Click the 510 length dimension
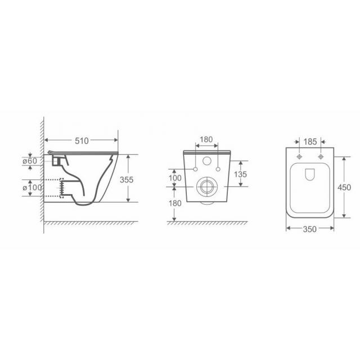pos(82,141)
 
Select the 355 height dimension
pos(127,180)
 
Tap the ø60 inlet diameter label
pos(30,161)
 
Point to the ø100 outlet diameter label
pos(33,187)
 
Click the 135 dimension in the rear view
pos(240,174)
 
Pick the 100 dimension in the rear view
pos(175,178)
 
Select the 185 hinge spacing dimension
pos(310,142)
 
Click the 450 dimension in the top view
pos(344,187)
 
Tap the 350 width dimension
pos(310,229)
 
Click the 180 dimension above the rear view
pos(206,139)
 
